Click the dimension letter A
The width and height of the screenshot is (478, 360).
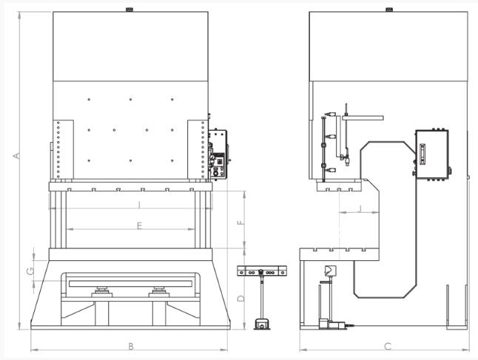[17, 156]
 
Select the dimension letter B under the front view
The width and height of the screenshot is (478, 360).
[131, 346]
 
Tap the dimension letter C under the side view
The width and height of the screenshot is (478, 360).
[388, 346]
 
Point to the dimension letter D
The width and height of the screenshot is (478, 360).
[241, 298]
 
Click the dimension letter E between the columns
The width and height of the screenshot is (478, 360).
[139, 225]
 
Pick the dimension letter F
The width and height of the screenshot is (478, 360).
[241, 223]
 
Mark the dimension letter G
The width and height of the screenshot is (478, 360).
[30, 271]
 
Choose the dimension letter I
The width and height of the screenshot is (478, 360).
[139, 205]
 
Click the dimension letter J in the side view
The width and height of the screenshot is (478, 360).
[360, 208]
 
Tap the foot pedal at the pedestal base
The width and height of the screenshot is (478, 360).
[262, 324]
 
